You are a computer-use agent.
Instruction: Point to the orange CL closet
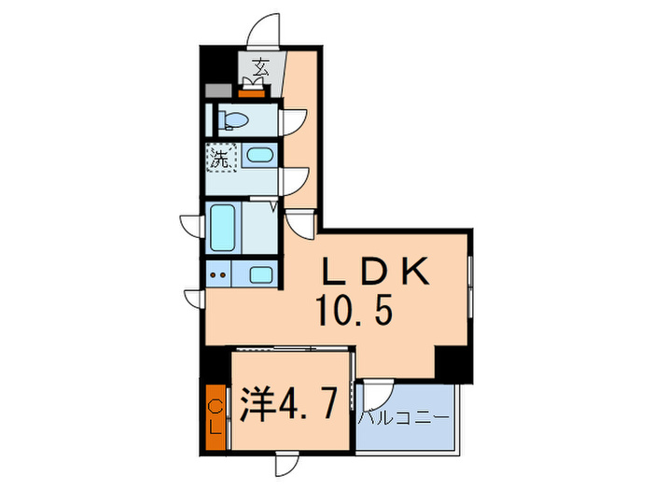pyautogui.click(x=215, y=417)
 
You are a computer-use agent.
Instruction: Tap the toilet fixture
pyautogui.click(x=234, y=120)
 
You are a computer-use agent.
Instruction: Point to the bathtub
pyautogui.click(x=222, y=228)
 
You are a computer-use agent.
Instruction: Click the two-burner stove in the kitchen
pyautogui.click(x=218, y=275)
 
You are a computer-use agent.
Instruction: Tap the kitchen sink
pyautogui.click(x=260, y=275)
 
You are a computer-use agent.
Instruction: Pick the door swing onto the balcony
pyautogui.click(x=377, y=392)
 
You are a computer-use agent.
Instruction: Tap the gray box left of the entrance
pyautogui.click(x=215, y=91)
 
